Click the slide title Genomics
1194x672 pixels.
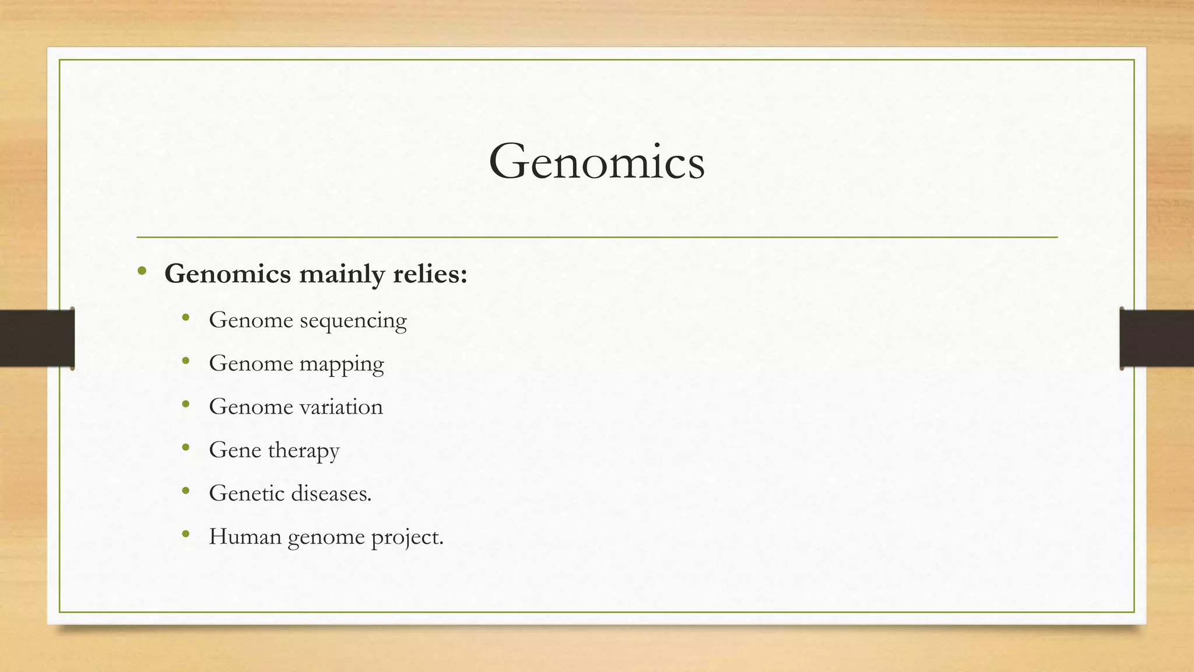[x=596, y=162]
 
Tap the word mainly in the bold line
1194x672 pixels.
[x=341, y=274]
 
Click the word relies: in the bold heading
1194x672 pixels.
[x=430, y=274]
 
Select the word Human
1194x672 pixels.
[x=245, y=537]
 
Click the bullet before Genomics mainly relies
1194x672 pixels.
[x=142, y=271]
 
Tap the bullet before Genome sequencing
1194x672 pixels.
[x=186, y=318]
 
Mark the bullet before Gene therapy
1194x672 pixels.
[x=186, y=448]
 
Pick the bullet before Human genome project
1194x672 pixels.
[x=186, y=534]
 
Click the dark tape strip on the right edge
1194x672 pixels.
[x=1157, y=339]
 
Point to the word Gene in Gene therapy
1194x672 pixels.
[x=235, y=450]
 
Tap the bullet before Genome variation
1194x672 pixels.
[x=186, y=404]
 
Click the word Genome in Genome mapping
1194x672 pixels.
[x=251, y=364]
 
